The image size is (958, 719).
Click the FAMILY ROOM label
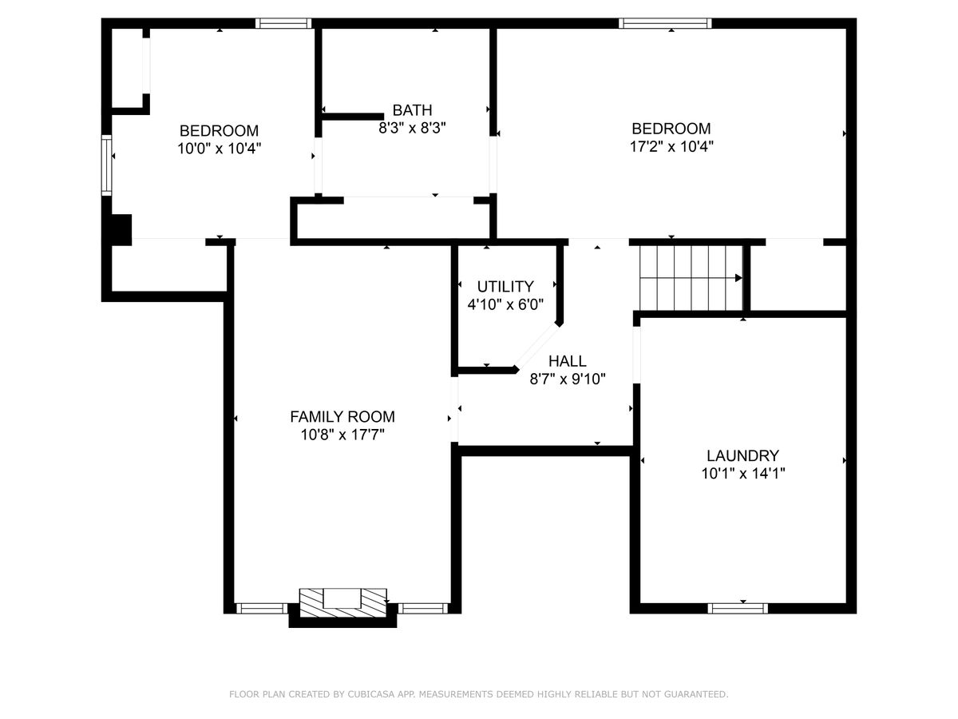click(x=342, y=416)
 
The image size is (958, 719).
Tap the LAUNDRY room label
click(x=742, y=455)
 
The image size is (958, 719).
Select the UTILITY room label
click(x=505, y=286)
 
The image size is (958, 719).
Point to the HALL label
click(x=567, y=360)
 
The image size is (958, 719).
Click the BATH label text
click(x=412, y=109)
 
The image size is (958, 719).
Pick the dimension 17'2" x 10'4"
click(x=671, y=146)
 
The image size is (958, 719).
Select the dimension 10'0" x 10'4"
click(x=219, y=149)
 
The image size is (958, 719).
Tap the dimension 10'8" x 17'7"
click(x=342, y=435)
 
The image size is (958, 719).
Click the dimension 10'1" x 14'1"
click(x=742, y=473)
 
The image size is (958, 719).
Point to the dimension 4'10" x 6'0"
click(x=505, y=304)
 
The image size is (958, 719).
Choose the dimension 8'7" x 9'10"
click(x=567, y=379)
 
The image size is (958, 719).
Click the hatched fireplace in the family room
click(x=342, y=602)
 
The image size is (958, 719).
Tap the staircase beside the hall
click(x=691, y=278)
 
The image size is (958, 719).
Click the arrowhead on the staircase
click(x=738, y=278)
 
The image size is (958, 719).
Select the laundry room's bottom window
click(x=737, y=608)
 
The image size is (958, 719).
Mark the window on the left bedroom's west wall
click(x=106, y=165)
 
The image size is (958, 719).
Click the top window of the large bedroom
click(x=665, y=23)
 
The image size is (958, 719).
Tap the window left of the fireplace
click(x=262, y=608)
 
